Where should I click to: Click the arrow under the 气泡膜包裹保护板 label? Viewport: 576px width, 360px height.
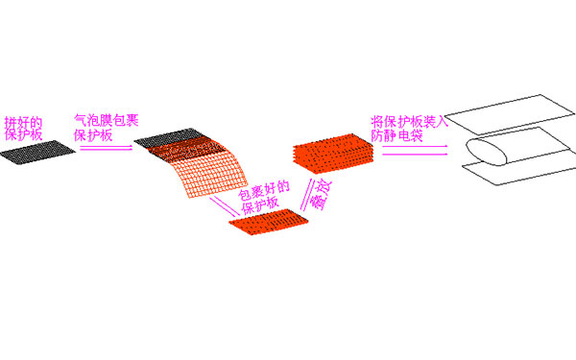tap(105, 148)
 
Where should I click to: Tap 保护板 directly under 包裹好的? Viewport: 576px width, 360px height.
tap(260, 204)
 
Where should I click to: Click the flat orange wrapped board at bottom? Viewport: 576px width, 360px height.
tap(269, 224)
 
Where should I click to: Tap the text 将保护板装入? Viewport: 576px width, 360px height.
tap(409, 122)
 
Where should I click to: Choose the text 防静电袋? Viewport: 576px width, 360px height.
tap(402, 136)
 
